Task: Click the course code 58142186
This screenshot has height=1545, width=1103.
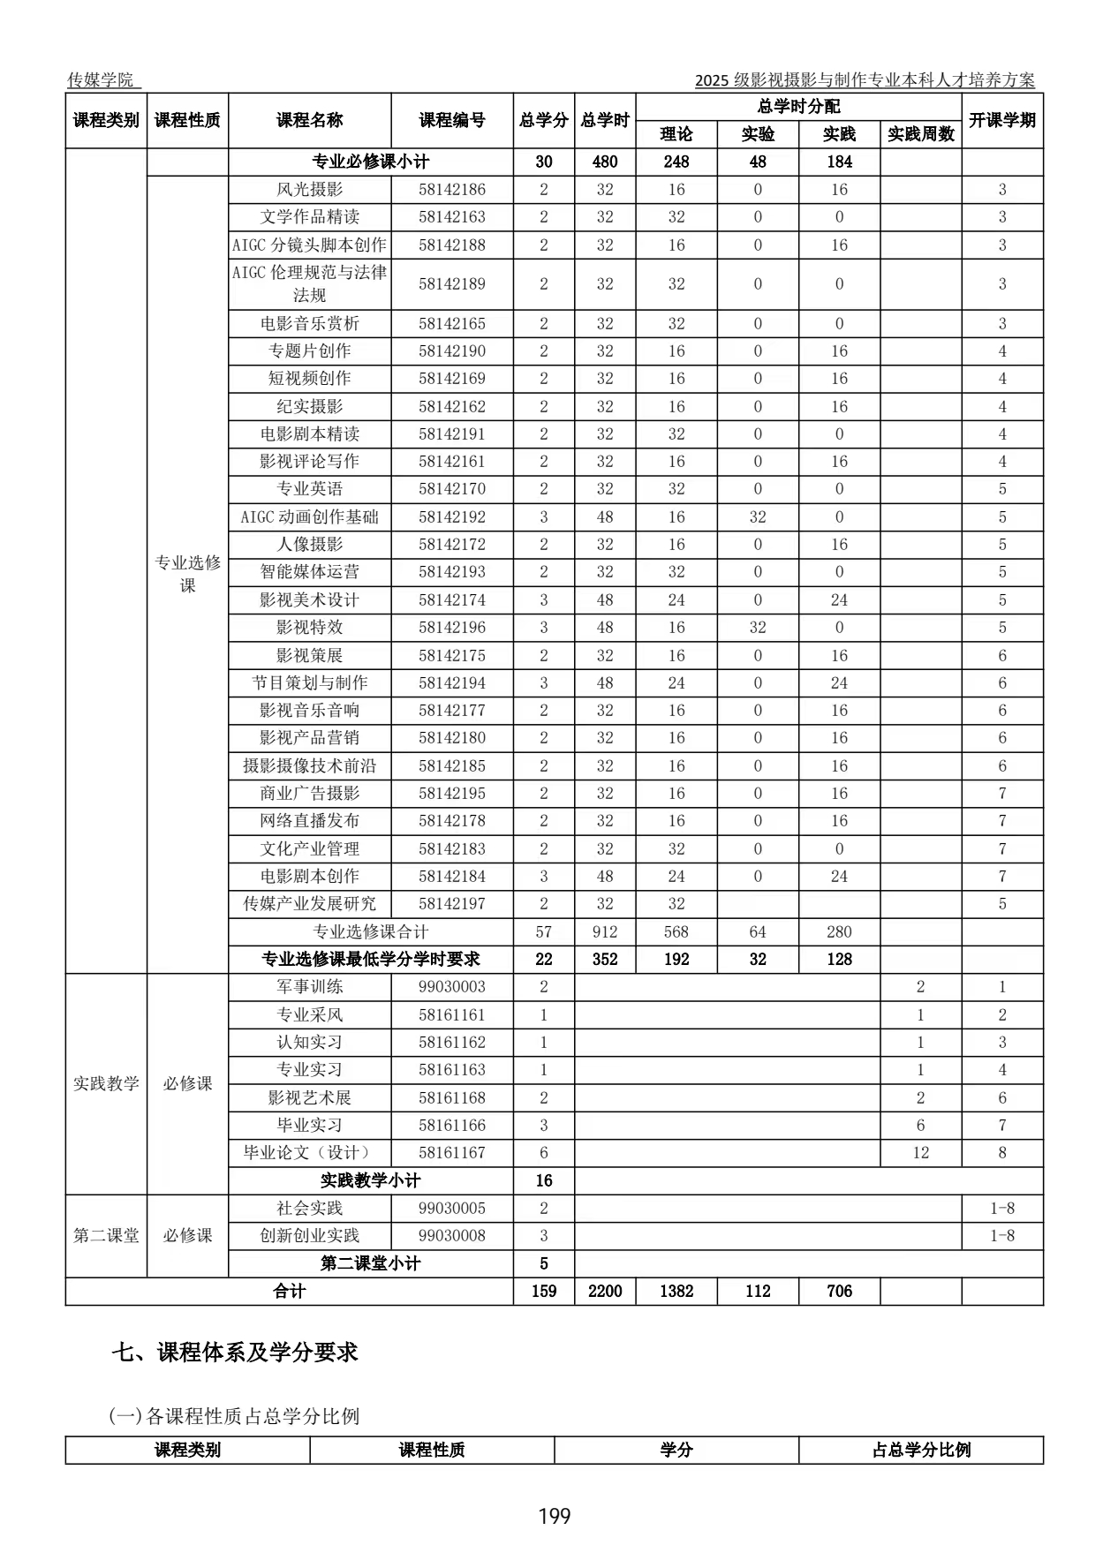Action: tap(452, 189)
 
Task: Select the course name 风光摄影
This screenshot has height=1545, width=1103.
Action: tap(309, 189)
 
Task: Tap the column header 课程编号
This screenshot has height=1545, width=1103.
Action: tap(452, 120)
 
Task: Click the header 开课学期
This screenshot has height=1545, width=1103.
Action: tap(1001, 120)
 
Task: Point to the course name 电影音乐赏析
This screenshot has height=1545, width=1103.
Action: tap(309, 323)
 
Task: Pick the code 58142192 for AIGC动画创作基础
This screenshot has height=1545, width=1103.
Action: tap(452, 516)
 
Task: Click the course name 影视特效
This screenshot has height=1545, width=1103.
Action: tap(309, 627)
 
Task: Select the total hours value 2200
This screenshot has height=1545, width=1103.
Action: tap(605, 1291)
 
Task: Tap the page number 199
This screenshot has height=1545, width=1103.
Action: tap(555, 1516)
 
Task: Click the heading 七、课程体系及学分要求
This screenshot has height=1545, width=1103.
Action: tap(235, 1352)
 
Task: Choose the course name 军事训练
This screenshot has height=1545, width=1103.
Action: tap(309, 986)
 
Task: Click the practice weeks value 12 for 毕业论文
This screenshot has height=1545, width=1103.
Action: tap(920, 1152)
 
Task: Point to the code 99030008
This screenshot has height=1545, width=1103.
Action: tap(452, 1235)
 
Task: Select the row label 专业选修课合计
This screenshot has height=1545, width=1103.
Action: tap(371, 931)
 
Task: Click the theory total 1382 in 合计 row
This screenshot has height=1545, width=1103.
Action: tap(676, 1291)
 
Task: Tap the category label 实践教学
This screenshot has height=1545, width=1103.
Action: tap(106, 1083)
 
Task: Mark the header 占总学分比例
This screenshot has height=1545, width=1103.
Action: tap(921, 1450)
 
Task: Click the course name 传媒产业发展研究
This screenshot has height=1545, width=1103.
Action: tap(309, 903)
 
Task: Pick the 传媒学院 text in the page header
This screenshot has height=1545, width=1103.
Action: tap(101, 79)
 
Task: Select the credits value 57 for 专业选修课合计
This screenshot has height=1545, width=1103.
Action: tap(544, 931)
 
